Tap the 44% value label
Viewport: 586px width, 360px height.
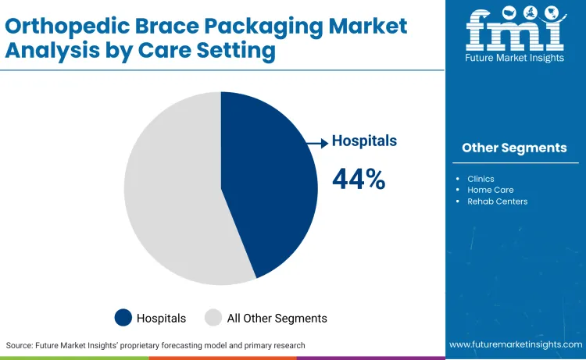[359, 180]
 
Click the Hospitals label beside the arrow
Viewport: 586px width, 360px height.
[364, 141]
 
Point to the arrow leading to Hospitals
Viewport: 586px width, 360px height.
[316, 142]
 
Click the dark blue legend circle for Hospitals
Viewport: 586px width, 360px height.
[123, 318]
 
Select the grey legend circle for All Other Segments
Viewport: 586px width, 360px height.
[213, 318]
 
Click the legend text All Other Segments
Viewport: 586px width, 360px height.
[277, 318]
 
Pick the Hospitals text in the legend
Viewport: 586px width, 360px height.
[161, 318]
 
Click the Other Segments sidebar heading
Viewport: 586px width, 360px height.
[514, 148]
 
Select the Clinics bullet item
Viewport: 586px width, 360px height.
[481, 179]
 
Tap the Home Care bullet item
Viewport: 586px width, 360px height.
[490, 190]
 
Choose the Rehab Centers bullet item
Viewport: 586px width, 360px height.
[497, 201]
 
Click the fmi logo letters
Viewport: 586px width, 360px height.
[514, 30]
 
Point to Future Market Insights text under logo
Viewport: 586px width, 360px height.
[514, 59]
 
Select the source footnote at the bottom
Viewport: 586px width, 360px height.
[155, 345]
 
